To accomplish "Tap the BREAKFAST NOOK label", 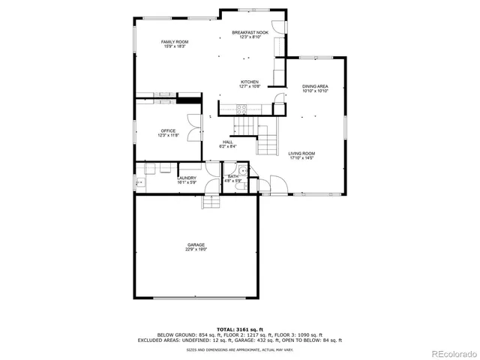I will pos(250,32).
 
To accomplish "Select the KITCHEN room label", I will pos(250,82).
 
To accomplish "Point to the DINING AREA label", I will pos(315,86).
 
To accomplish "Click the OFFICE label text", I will pos(168,130).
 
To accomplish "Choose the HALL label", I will pos(228,142).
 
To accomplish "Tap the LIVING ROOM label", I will pos(301,154).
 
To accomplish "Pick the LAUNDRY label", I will pos(187,178).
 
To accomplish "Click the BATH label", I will pos(232,176).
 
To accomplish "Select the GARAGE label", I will pos(196,244).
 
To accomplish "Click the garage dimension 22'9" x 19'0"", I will pos(196,250).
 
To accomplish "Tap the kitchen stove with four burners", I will pos(241,109).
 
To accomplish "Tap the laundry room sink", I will pos(139,182).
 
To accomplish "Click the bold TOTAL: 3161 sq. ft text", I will pos(240,328).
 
